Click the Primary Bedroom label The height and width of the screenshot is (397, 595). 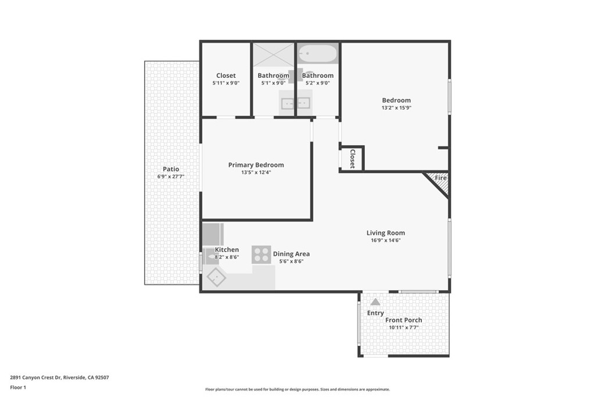point(256,165)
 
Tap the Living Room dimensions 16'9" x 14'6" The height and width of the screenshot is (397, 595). point(386,240)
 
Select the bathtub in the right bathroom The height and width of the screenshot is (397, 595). point(317,55)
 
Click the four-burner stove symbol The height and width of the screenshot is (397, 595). point(261,255)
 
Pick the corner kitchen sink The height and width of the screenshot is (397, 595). point(216,277)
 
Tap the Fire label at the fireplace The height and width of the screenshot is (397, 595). point(440,178)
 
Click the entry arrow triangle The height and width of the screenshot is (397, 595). point(375,302)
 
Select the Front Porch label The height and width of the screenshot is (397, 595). point(403,320)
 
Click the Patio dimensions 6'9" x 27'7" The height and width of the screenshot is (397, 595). point(171,176)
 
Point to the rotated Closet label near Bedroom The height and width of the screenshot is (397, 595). point(352,159)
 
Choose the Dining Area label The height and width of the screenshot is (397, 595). point(291,254)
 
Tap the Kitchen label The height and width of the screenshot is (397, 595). point(227,250)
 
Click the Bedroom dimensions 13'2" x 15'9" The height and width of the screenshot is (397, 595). point(396,108)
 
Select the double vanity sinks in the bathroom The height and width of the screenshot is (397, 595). point(295,103)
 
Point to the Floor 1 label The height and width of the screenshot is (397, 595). point(18,387)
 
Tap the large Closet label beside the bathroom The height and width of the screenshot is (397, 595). point(226,76)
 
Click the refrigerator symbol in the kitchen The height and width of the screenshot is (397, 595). point(212,234)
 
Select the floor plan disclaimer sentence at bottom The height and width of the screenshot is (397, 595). point(297,389)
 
